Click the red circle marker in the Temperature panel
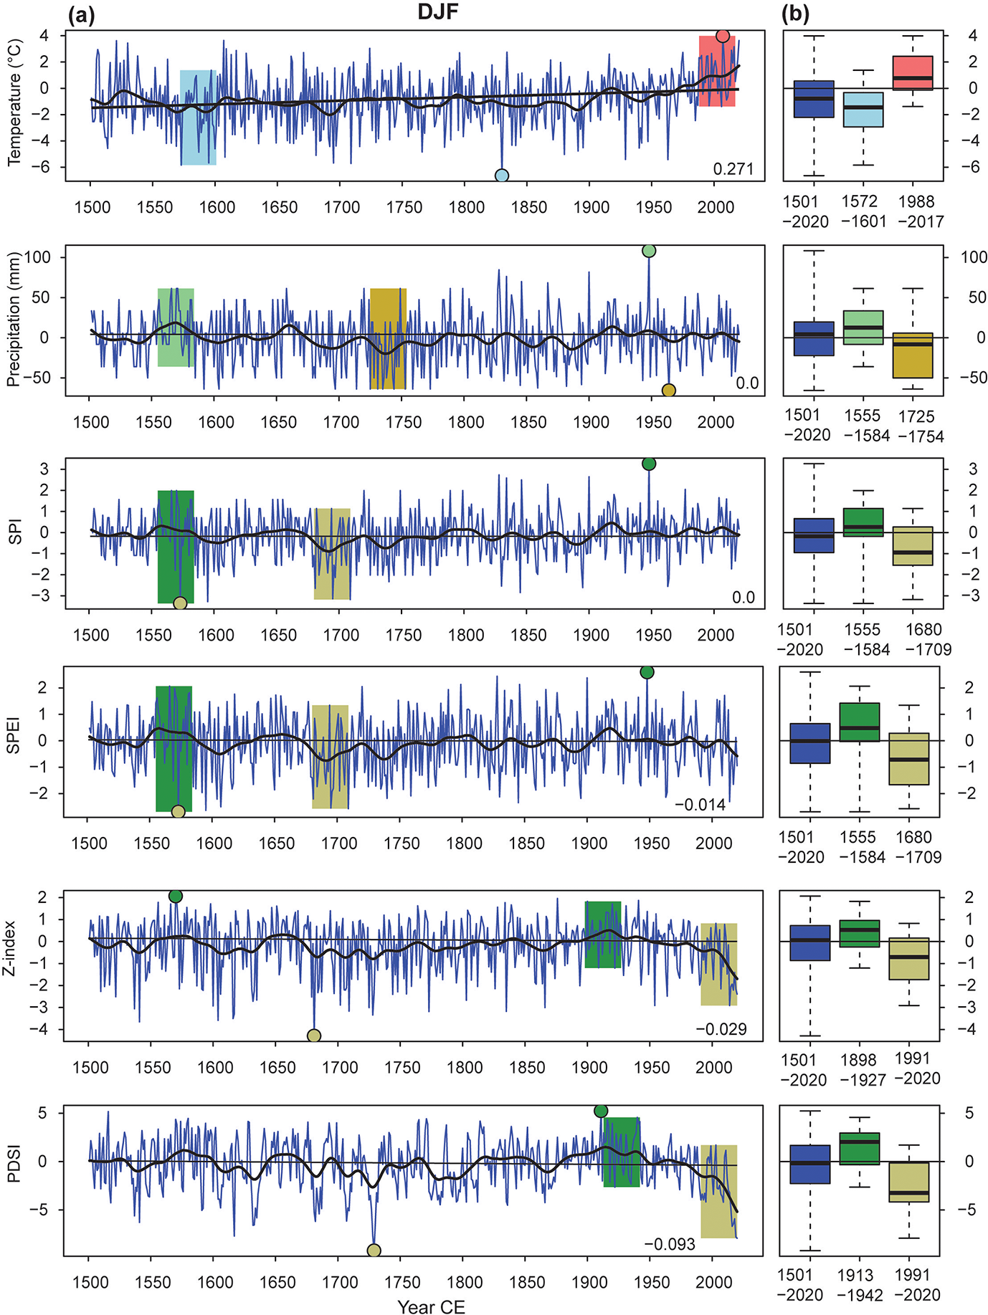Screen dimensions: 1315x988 click(x=722, y=37)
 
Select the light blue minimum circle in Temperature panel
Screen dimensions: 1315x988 click(x=502, y=176)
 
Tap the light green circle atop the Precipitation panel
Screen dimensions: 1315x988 click(x=649, y=251)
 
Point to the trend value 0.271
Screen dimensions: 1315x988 click(x=733, y=169)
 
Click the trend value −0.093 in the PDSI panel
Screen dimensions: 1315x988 click(x=670, y=1245)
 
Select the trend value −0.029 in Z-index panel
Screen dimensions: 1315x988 click(x=721, y=1030)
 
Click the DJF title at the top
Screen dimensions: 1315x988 click(x=438, y=12)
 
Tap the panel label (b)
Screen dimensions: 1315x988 click(x=796, y=14)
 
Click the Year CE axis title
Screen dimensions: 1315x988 click(x=432, y=1306)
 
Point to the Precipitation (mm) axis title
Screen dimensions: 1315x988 click(x=14, y=319)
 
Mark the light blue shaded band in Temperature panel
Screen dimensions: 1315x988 click(x=198, y=118)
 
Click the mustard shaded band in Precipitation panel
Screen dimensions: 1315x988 click(x=388, y=338)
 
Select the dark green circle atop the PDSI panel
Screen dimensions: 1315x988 click(x=601, y=1111)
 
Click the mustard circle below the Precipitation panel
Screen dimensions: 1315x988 click(x=668, y=391)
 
